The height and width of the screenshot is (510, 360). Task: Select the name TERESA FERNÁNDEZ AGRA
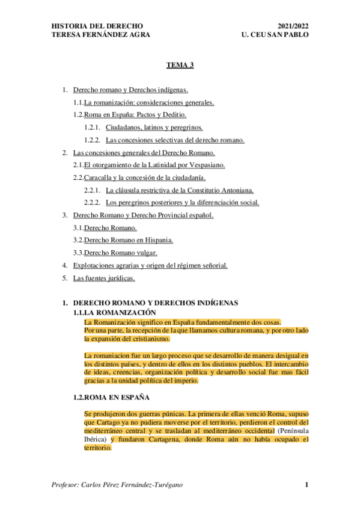[101, 35]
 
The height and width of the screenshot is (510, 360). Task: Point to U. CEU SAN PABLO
[273, 35]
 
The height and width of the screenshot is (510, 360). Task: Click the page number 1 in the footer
[307, 485]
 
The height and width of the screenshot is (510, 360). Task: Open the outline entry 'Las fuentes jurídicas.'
[104, 278]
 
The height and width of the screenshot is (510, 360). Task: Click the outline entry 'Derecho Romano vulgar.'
[121, 253]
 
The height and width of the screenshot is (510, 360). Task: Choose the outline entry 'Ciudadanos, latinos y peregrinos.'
[154, 127]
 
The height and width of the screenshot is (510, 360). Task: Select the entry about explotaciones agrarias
[150, 265]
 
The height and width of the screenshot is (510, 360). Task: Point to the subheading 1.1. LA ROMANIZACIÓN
[115, 313]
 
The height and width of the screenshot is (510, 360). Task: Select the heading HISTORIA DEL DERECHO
[97, 26]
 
